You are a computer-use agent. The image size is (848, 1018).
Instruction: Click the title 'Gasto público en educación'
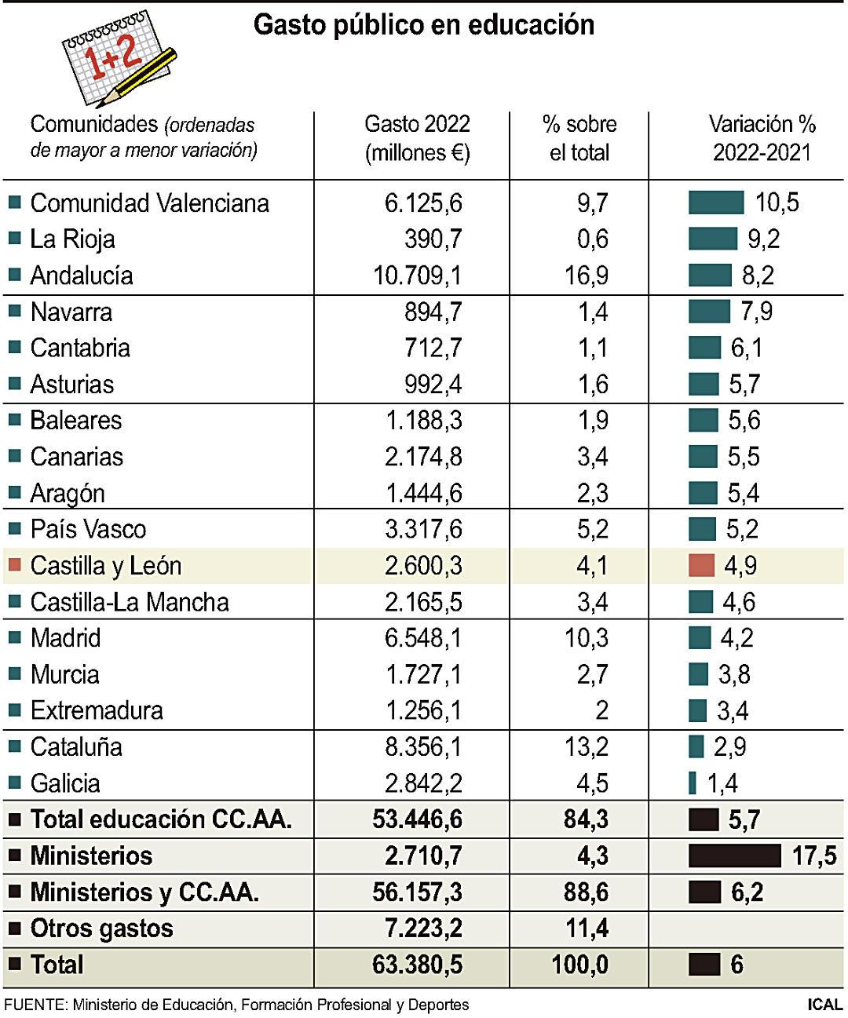click(424, 25)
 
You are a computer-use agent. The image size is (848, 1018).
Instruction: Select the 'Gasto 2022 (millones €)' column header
click(417, 138)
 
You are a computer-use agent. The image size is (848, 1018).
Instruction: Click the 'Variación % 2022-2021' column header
click(762, 138)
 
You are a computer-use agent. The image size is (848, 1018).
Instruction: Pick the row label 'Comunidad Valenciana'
click(149, 203)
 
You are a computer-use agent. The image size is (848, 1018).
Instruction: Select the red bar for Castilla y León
click(701, 565)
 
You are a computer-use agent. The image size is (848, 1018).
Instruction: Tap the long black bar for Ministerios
click(734, 856)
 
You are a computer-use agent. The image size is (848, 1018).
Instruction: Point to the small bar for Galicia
click(692, 783)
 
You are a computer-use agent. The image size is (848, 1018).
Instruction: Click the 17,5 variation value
click(813, 856)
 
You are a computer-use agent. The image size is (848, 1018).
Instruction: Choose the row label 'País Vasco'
click(88, 529)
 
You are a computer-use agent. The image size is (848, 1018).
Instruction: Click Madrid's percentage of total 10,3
click(586, 638)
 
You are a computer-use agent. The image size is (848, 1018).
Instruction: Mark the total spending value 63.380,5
click(417, 965)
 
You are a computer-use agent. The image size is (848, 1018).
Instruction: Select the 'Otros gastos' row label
click(101, 929)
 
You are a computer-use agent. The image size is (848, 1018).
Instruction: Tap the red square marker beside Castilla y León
click(14, 565)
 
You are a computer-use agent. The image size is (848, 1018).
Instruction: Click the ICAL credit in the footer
click(824, 1005)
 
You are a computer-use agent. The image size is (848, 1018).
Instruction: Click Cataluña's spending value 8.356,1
click(423, 746)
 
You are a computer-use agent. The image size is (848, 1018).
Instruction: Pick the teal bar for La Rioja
click(713, 239)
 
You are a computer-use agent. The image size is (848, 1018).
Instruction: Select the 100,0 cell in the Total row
click(579, 965)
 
